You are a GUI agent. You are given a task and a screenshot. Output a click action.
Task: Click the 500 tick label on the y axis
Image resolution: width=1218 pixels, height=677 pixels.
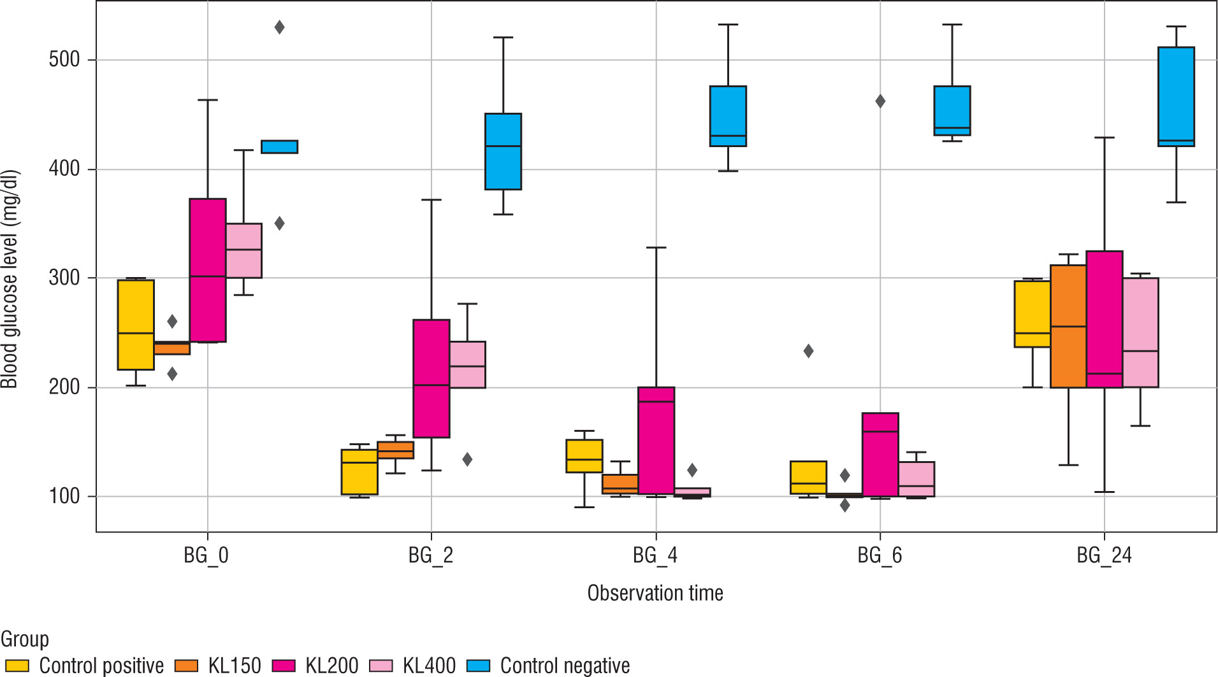[x=64, y=60]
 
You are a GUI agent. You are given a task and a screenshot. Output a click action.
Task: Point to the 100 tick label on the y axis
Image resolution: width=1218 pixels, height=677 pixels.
[x=64, y=496]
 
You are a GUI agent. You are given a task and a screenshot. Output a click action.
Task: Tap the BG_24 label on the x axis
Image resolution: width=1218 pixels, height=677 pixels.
[x=1104, y=555]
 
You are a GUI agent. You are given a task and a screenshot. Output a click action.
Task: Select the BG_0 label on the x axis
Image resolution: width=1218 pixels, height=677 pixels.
[x=207, y=555]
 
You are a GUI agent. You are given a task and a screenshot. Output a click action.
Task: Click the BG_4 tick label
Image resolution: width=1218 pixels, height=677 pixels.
[x=655, y=555]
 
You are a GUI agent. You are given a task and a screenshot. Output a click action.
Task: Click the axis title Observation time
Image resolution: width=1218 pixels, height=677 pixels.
[x=655, y=593]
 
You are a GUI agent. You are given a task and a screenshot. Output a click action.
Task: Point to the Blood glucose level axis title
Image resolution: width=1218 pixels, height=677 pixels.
[x=10, y=278]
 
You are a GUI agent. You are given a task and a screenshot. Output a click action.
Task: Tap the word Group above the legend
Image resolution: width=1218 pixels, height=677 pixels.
[x=25, y=639]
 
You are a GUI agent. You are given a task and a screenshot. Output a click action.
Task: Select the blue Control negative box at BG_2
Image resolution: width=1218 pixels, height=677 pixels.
[x=503, y=152]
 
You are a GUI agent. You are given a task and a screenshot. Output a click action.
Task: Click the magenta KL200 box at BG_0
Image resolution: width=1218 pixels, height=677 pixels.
[x=208, y=270]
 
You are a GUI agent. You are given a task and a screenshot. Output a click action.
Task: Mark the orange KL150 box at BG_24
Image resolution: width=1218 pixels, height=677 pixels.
[x=1068, y=326]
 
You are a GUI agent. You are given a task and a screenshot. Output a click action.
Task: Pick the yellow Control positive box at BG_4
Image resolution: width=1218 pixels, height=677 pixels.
[x=584, y=456]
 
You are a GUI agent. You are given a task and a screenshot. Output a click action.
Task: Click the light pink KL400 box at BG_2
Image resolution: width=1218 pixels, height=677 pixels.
[x=467, y=364]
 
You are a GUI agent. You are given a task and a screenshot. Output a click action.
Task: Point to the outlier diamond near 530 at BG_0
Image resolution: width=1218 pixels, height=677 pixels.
[x=279, y=27]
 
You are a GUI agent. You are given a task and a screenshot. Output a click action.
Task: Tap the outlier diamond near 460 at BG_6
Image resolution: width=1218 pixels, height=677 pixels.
[x=880, y=101]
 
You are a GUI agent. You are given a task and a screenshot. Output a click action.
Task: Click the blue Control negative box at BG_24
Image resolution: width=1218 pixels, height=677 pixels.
[x=1176, y=97]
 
